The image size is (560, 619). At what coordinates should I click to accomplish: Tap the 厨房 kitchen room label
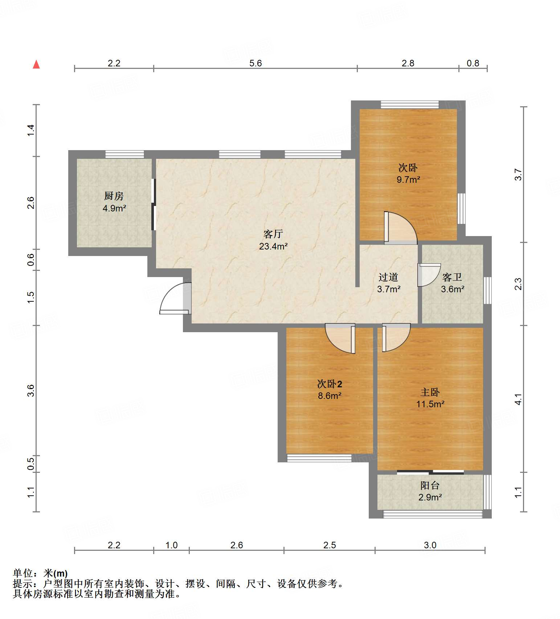point(114,196)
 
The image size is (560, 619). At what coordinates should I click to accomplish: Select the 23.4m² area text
point(273,247)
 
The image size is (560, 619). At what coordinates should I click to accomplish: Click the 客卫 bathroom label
point(452,277)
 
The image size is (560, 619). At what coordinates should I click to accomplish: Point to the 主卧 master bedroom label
point(430,392)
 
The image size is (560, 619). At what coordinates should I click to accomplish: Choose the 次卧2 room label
point(330,384)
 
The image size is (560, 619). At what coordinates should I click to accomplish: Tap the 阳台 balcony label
point(430,485)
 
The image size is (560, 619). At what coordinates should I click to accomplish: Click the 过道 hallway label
point(388,277)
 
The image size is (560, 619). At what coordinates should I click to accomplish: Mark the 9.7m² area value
point(408,179)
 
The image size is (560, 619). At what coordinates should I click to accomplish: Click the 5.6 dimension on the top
point(256,63)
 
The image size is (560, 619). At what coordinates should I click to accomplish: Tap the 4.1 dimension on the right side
point(519,399)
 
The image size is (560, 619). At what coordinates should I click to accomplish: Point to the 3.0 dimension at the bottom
point(430,545)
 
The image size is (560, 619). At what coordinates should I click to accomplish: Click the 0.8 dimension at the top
point(473,63)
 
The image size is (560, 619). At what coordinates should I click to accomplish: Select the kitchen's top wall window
point(124,154)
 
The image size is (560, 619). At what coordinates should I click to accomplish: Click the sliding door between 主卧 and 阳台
point(430,472)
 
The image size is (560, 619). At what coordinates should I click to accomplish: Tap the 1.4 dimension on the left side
point(31,130)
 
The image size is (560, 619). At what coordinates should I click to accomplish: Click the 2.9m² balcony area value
point(430,497)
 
